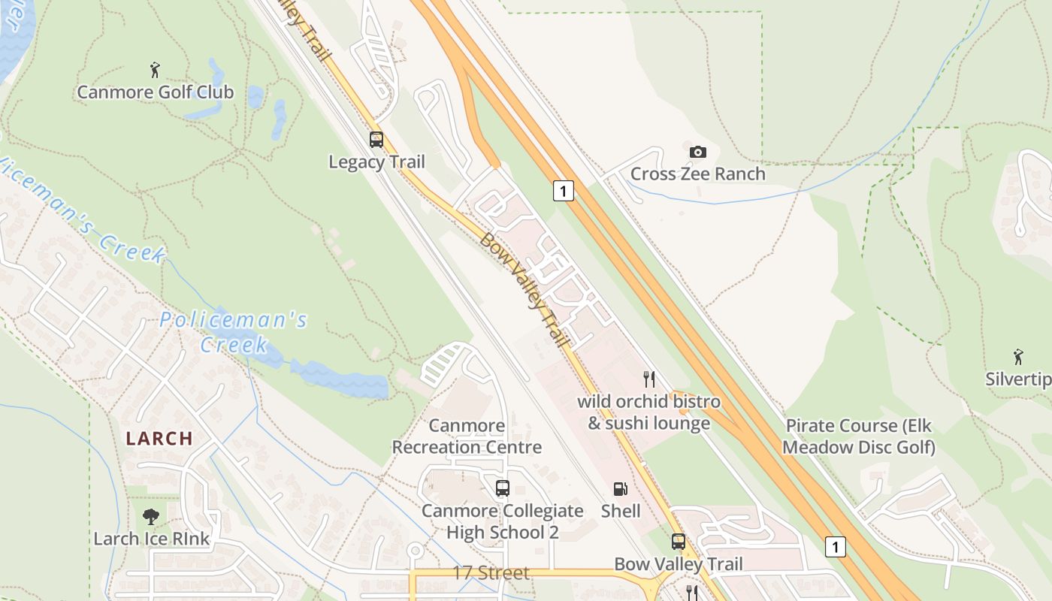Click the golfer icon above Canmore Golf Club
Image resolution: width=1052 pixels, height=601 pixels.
(x=155, y=70)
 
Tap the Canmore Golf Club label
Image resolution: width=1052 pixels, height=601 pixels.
(x=156, y=92)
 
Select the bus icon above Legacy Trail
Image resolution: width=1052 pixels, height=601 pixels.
(x=376, y=139)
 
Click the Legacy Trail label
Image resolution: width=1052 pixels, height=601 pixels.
(x=376, y=162)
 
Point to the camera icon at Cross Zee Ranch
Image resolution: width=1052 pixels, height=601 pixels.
(x=697, y=152)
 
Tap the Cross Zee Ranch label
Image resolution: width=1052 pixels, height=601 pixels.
(x=697, y=174)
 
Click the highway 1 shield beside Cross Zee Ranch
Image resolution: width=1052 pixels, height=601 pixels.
(x=563, y=191)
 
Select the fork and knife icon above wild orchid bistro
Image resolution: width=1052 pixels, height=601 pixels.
(x=648, y=379)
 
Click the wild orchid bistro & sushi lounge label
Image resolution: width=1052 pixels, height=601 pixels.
(x=648, y=412)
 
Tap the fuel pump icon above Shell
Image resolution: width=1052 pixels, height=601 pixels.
(x=621, y=489)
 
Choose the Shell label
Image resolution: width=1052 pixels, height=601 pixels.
(x=621, y=511)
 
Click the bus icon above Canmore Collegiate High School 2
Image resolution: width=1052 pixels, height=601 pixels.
(x=503, y=488)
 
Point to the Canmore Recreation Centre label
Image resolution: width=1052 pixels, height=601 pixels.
(x=467, y=436)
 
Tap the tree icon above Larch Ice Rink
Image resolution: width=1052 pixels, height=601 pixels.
(x=151, y=516)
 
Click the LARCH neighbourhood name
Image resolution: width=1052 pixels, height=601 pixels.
(x=159, y=438)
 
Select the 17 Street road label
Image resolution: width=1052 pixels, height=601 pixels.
(x=491, y=572)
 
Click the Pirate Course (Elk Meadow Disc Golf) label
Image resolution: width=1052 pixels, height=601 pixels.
(x=859, y=436)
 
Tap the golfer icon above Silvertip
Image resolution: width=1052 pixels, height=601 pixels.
(x=1018, y=356)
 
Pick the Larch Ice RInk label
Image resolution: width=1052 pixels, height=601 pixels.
(x=152, y=539)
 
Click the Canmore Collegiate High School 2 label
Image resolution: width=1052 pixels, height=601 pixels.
(x=502, y=521)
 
